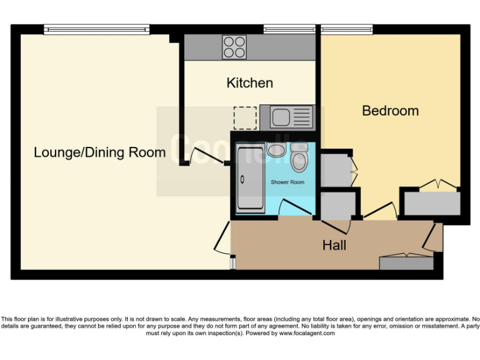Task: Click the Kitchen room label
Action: tap(249, 82)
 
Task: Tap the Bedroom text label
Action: tap(390, 111)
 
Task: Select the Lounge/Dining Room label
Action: tap(99, 152)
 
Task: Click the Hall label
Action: tap(334, 245)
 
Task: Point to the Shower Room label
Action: tap(287, 182)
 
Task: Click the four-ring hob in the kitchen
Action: tap(234, 47)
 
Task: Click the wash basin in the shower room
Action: tap(275, 150)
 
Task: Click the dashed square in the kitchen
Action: tap(245, 117)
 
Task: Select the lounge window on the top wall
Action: tap(96, 29)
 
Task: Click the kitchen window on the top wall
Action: tap(288, 29)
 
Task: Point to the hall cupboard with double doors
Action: tap(405, 262)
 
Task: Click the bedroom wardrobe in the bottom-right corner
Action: tap(431, 203)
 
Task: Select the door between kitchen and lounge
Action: tap(207, 156)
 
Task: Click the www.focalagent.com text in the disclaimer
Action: tap(306, 333)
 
